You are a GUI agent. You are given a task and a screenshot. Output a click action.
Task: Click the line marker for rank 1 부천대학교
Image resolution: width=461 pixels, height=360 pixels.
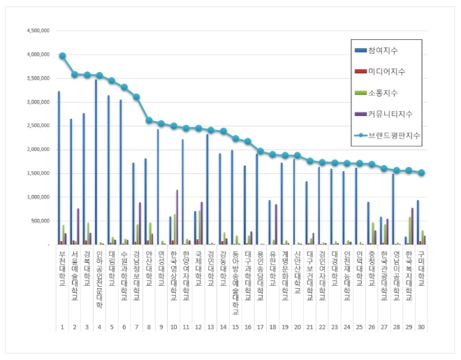pyautogui.click(x=62, y=56)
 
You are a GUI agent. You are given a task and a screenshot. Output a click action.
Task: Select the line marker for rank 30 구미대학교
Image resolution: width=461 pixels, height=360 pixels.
pyautogui.click(x=421, y=173)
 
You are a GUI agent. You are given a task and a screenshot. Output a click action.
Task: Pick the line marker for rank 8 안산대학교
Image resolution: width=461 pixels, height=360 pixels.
pyautogui.click(x=149, y=120)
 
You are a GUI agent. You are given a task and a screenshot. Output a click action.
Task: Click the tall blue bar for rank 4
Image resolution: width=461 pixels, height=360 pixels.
pyautogui.click(x=95, y=162)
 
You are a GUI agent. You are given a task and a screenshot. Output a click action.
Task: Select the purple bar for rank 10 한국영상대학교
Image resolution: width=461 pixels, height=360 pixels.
pyautogui.click(x=177, y=217)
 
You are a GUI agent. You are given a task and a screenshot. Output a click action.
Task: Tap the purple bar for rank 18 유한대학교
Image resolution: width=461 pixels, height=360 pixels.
pyautogui.click(x=277, y=224)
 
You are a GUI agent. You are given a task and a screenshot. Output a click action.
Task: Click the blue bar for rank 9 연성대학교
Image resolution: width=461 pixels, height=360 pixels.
pyautogui.click(x=157, y=187)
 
